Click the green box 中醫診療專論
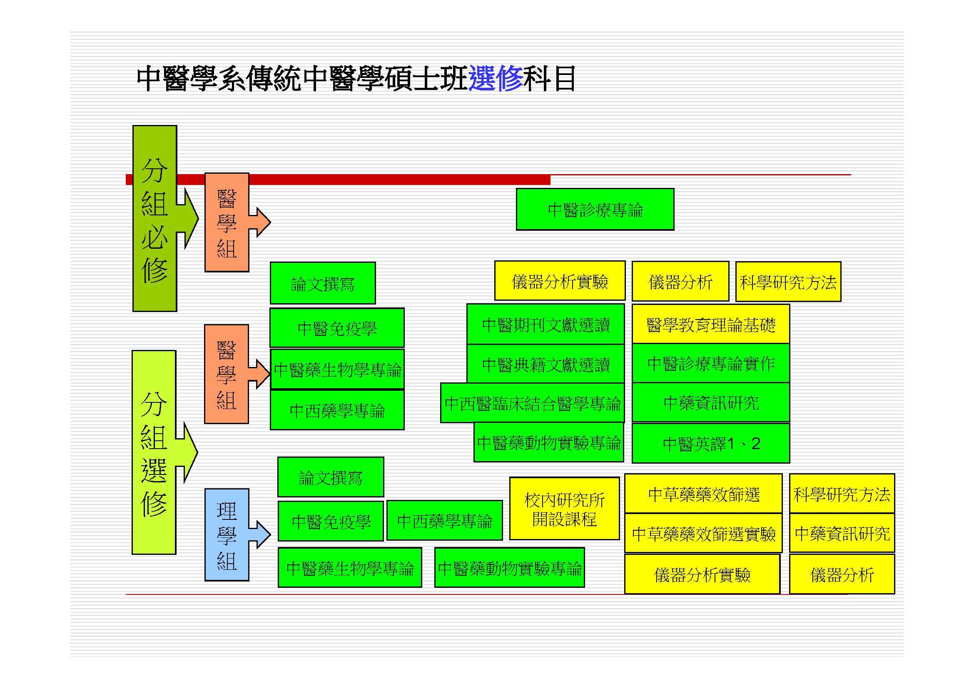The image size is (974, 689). pos(595,210)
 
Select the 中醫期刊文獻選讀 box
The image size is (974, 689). pos(546,325)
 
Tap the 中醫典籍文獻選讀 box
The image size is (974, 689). pos(546,364)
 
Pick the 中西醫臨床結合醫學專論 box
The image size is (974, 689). pos(533,403)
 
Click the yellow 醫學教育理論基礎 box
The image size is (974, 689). pos(710,325)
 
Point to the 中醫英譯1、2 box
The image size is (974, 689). pos(710,444)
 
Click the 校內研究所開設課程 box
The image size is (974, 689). pos(564,509)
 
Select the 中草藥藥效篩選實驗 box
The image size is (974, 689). pos(703,533)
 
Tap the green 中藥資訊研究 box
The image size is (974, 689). pos(710,403)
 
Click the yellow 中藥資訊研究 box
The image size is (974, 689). pos(842,533)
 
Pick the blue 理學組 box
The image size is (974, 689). pos(227,535)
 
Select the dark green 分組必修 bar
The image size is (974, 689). pos(154,219)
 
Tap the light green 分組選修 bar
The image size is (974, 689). pos(154,452)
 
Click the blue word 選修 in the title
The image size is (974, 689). pos(495,78)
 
